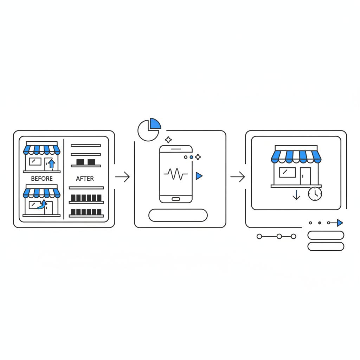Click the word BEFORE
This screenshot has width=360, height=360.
tap(41, 179)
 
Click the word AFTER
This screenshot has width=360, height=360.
tap(85, 179)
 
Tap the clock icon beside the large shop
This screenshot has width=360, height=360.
tap(315, 194)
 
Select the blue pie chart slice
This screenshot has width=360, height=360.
tap(155, 124)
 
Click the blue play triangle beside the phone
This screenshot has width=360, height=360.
tap(199, 176)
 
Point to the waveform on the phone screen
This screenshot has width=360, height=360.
tap(176, 174)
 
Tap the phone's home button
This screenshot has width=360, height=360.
tap(176, 199)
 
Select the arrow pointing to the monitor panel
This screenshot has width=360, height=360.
tap(238, 177)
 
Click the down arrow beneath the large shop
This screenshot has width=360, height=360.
tap(296, 195)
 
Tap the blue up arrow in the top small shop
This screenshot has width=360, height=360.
tap(52, 163)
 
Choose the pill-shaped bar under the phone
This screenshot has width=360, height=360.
tap(178, 215)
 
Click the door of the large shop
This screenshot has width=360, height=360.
tap(305, 176)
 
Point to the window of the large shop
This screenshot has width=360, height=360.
tap(287, 172)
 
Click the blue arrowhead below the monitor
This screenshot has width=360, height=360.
tap(340, 223)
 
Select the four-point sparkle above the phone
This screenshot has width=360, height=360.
tap(168, 140)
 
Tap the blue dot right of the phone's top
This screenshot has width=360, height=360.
tap(191, 157)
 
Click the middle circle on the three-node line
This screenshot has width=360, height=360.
tap(279, 237)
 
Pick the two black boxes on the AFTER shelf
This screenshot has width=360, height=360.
tap(86, 162)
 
